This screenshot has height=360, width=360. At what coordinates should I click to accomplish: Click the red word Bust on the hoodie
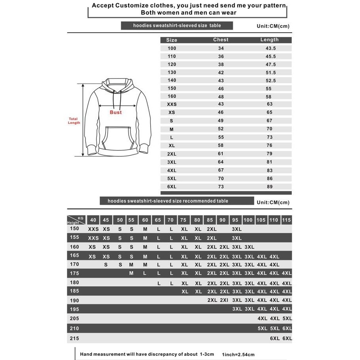point(116,112)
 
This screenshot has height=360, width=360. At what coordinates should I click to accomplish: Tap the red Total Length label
point(74,121)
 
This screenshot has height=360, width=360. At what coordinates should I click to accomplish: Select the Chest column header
point(221,40)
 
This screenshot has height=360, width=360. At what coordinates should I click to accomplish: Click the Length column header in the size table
point(269,40)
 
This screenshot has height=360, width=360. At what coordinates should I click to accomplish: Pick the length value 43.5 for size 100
point(270,48)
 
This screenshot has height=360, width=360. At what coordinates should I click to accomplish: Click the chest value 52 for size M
point(221,129)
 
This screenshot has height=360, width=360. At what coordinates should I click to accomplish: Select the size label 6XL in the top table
point(172,187)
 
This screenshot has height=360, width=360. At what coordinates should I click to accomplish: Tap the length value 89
point(270,187)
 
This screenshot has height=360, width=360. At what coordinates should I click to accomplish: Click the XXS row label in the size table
point(172,104)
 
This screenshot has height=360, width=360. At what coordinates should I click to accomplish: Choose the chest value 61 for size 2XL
point(221,154)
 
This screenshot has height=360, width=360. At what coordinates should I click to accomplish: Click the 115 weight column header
point(287,220)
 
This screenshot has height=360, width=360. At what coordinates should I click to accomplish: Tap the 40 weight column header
point(93,220)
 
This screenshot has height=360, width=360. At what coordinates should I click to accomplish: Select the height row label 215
point(75,338)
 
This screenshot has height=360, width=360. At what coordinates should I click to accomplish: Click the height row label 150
point(75,229)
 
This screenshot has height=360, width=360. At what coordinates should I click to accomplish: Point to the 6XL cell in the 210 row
point(287,328)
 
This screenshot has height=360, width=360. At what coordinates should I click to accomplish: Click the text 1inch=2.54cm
point(238,354)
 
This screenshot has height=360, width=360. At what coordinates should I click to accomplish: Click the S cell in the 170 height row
point(106,265)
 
